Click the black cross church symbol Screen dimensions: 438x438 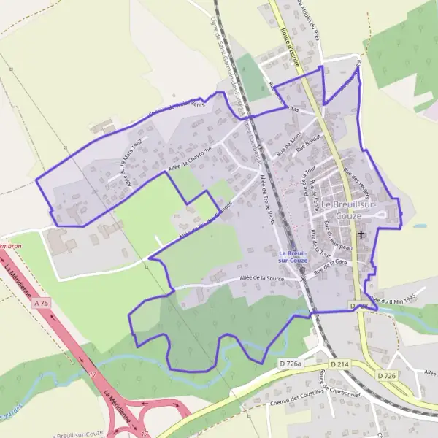tap(361, 235)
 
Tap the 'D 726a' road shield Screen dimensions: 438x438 tap(291, 363)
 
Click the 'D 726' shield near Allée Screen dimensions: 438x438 tap(386, 375)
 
